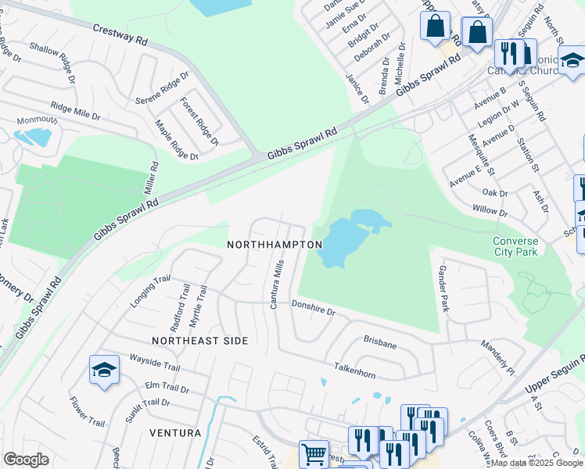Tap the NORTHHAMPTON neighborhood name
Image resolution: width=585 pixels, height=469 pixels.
(275, 245)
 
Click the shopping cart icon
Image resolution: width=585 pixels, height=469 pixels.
(314, 453)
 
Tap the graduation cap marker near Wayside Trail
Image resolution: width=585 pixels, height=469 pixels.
(103, 370)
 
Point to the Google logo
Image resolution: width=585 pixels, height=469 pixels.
(27, 460)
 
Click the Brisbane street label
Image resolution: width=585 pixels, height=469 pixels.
(380, 342)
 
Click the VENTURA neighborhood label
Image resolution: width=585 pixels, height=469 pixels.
(176, 432)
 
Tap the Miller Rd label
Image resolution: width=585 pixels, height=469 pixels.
(151, 178)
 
